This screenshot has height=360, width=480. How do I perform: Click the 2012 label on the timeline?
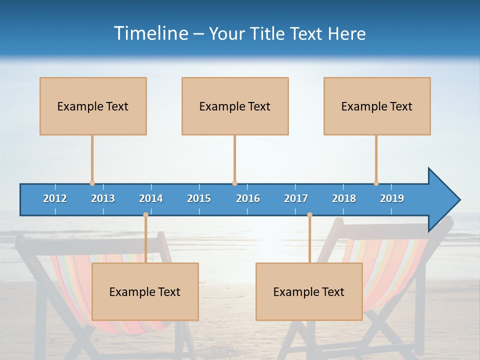(55, 198)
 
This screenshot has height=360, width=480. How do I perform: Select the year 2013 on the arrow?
(103, 198)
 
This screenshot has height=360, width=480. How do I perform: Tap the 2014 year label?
(151, 198)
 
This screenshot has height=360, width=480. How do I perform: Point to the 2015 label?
(199, 198)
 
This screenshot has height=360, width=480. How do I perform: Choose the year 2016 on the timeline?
(248, 198)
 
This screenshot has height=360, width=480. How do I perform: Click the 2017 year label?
(296, 198)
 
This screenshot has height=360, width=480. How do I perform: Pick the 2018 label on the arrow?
(344, 198)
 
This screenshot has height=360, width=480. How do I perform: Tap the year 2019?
(392, 198)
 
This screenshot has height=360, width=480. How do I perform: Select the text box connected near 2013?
(93, 106)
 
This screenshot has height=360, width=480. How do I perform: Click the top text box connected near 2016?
(235, 106)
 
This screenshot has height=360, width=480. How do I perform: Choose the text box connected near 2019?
(377, 106)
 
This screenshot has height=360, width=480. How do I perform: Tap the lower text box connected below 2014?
(145, 291)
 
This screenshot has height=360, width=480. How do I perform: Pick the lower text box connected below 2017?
(309, 291)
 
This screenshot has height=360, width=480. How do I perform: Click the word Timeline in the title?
(150, 33)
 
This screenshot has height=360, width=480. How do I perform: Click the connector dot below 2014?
(145, 215)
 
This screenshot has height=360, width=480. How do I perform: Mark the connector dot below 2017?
(309, 215)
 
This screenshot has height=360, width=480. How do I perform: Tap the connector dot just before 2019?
(376, 183)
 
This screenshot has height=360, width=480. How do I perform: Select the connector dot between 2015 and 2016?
(234, 183)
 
